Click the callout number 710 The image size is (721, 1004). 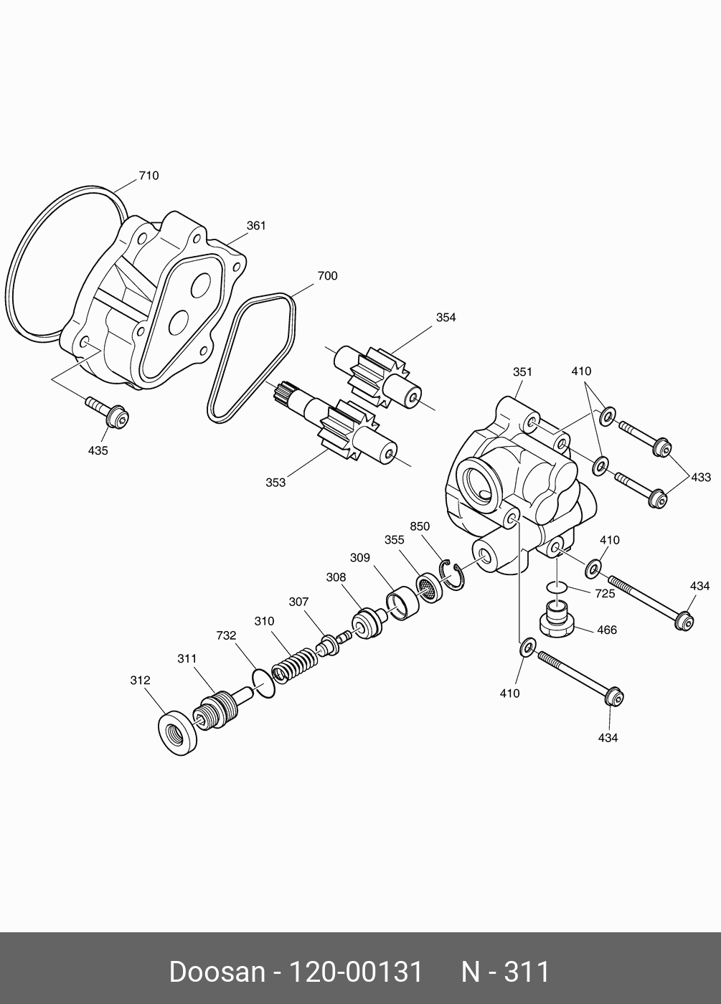[x=149, y=176]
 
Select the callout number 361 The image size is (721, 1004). [x=256, y=226]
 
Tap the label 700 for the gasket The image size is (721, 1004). [x=327, y=276]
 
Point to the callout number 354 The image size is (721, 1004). [x=446, y=318]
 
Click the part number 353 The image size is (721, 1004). [x=275, y=483]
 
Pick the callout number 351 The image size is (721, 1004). [x=522, y=371]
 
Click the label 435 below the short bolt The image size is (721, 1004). [x=98, y=451]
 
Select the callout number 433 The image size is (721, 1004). [x=700, y=478]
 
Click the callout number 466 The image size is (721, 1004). [x=606, y=630]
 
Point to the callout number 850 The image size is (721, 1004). [x=420, y=526]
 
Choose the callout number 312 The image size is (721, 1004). [x=140, y=681]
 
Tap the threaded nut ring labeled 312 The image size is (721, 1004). [x=176, y=732]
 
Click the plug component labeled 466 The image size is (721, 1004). [x=557, y=619]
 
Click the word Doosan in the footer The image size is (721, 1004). [x=217, y=972]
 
